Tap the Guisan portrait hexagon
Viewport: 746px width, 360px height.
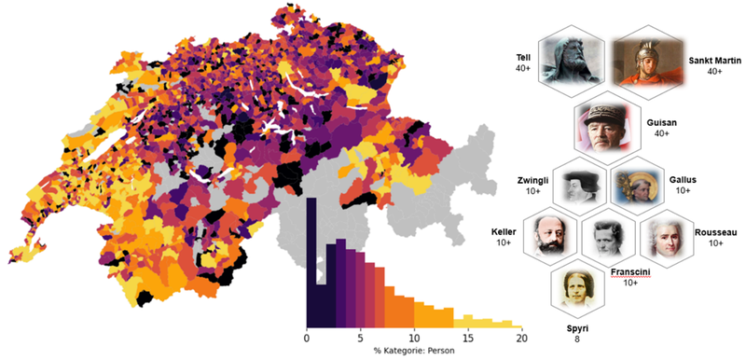tap(606, 127)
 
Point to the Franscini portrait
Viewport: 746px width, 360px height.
tap(608, 239)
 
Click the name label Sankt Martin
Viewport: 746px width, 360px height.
tap(714, 60)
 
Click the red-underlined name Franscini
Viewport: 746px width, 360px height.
tap(629, 271)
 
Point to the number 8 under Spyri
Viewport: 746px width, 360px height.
tap(577, 339)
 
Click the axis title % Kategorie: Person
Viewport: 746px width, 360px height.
tap(414, 353)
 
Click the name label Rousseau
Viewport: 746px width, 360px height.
tap(715, 231)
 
